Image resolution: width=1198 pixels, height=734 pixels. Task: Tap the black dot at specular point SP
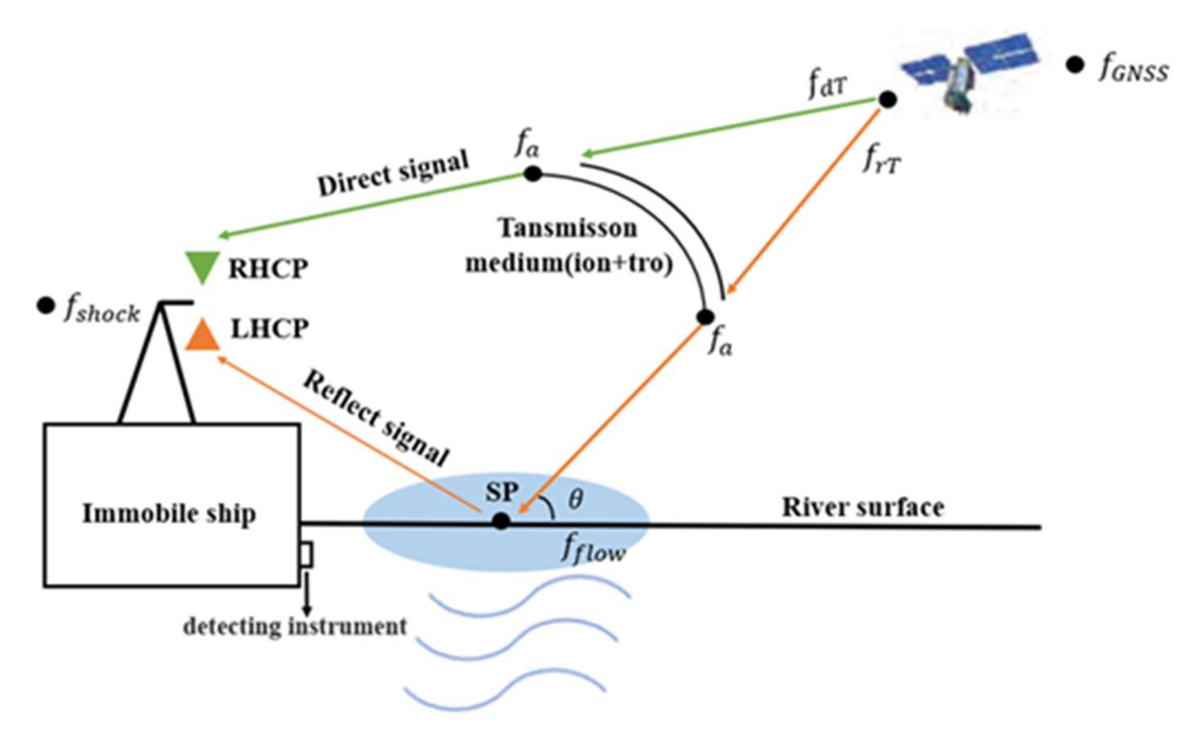tap(501, 522)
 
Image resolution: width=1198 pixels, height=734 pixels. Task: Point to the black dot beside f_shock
tap(46, 306)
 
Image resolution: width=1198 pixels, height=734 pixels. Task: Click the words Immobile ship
tap(169, 513)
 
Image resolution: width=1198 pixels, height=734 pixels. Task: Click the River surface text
tap(863, 507)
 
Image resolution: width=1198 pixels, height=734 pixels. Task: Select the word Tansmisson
tap(567, 228)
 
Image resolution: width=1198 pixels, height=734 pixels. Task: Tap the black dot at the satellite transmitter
tap(888, 100)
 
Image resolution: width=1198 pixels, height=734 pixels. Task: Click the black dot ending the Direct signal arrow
tap(533, 173)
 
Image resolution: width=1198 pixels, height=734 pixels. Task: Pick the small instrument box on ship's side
tap(307, 554)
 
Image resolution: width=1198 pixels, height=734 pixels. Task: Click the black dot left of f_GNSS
tap(1075, 65)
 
